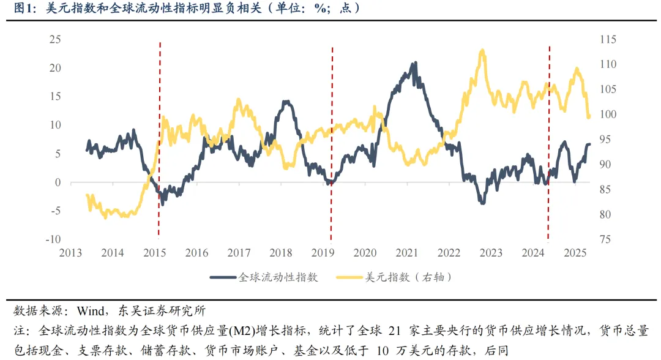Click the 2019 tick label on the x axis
(323, 253)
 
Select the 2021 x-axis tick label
(407, 253)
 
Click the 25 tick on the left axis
(55, 40)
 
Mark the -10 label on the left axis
(53, 239)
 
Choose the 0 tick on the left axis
(58, 182)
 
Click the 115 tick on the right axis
(592, 40)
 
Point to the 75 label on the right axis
(589, 239)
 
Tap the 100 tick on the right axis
(592, 114)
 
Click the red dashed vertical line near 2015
(160, 141)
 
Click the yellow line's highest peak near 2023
(482, 51)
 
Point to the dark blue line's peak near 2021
(416, 62)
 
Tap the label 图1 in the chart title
(24, 9)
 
